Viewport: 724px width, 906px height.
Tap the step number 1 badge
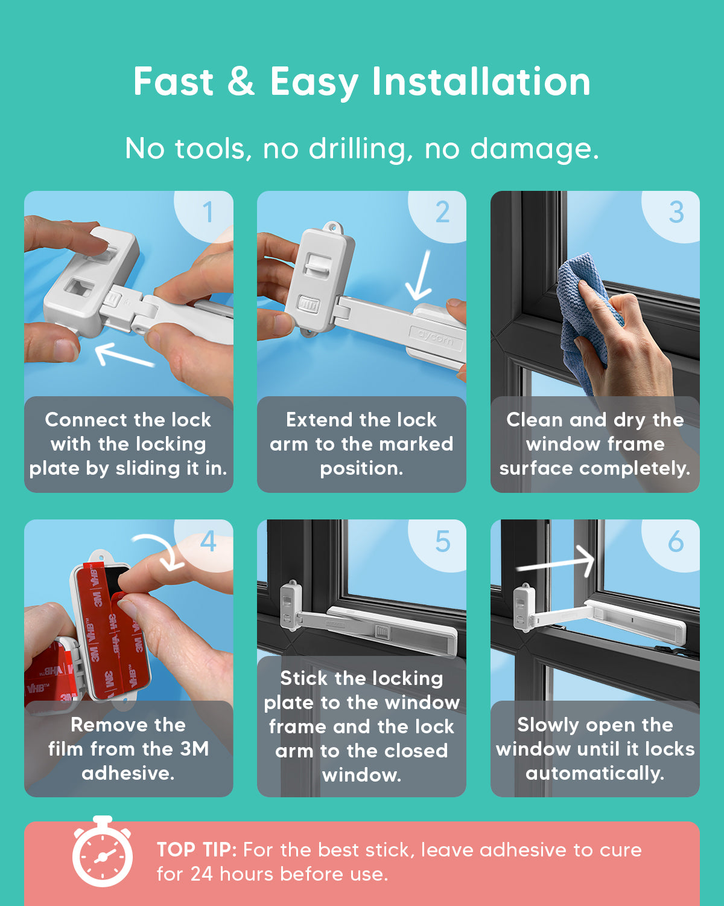pos(205,216)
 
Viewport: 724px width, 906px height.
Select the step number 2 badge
pos(438,216)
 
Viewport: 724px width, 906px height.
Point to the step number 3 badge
pos(672,216)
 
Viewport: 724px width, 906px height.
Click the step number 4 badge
pos(205,545)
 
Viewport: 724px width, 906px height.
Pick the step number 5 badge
pos(438,545)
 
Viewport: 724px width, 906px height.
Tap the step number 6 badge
pos(672,545)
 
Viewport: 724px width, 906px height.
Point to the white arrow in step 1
pos(124,355)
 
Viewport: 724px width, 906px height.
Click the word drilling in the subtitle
pos(361,149)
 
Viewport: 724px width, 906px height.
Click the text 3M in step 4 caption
pos(195,749)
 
